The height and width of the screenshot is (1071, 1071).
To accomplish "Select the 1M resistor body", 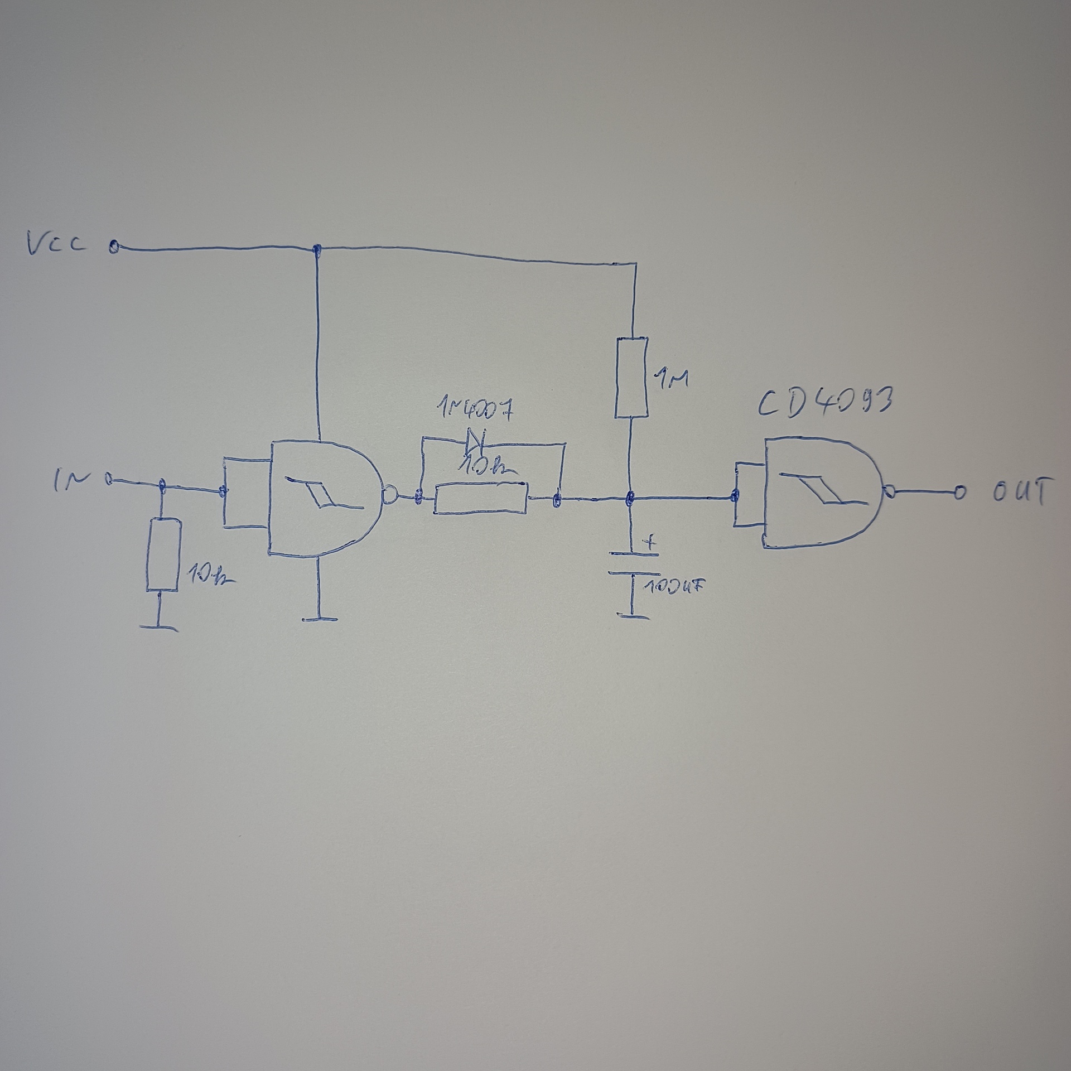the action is pos(631,377).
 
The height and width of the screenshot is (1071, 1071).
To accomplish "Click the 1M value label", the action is pos(673,380).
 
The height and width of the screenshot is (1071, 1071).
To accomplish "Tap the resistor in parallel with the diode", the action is pos(480,498).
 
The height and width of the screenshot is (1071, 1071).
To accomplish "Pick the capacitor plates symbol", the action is pos(633,563).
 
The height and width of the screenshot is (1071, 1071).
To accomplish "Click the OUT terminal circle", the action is pos(959,492).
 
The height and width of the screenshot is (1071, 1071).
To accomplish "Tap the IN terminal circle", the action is pos(109,479).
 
